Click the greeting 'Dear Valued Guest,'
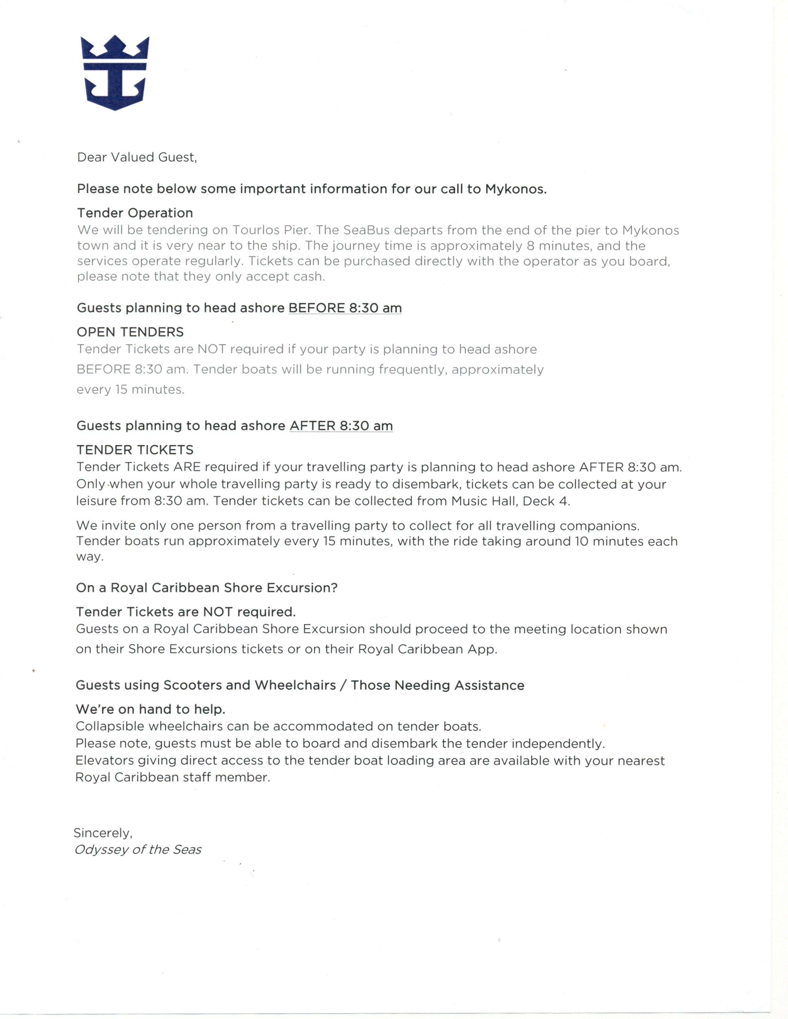137,157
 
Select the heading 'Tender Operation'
135,213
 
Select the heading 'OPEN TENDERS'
130,332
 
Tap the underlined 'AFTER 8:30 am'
341,426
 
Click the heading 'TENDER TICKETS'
135,450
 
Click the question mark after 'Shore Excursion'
334,588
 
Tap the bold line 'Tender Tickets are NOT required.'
186,612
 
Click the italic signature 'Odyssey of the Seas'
138,850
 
